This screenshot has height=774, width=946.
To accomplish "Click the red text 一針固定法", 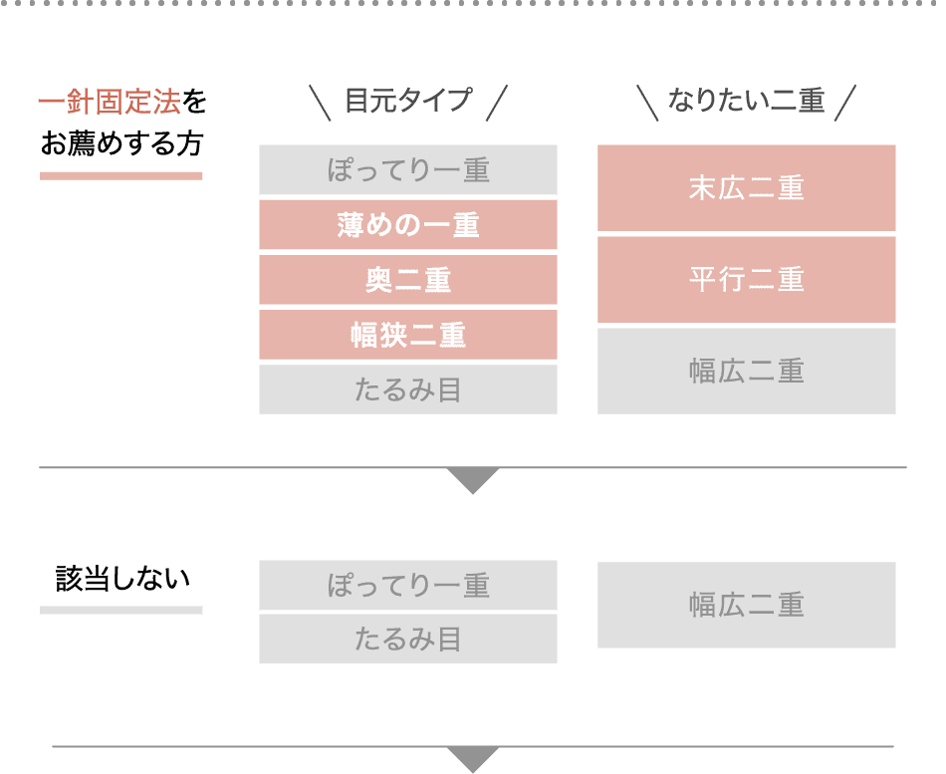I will (x=110, y=104).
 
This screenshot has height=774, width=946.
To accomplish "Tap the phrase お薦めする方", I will (x=121, y=144).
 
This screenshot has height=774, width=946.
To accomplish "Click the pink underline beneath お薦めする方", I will (x=121, y=176).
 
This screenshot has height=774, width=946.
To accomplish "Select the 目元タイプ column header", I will (x=408, y=102).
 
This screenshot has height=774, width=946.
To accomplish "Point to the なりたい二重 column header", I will (x=746, y=102).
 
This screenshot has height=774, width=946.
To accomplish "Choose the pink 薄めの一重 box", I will (x=408, y=225).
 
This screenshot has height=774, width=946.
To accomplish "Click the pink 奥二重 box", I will (x=408, y=280).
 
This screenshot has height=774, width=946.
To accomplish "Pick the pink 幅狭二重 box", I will (x=408, y=335).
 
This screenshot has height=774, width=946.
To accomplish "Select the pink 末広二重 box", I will (x=747, y=188).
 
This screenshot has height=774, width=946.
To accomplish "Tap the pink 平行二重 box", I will (x=747, y=279).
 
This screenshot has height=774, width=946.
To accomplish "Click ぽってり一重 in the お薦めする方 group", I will (x=408, y=170).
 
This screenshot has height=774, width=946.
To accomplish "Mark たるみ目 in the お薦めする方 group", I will (x=408, y=389).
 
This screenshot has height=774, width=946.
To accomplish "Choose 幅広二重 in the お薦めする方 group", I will (x=747, y=371).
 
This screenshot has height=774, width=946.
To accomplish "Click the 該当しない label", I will (x=121, y=579).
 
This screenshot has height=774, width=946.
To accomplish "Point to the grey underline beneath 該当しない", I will (x=121, y=610).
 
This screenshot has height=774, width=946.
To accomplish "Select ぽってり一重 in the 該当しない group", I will (x=408, y=585).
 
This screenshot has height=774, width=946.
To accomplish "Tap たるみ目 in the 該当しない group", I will (x=408, y=639).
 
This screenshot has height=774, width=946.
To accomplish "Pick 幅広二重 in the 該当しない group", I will (x=747, y=605).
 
